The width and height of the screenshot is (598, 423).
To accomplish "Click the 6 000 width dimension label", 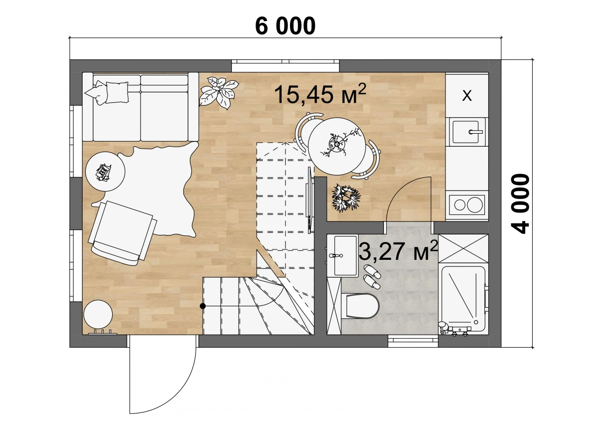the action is pyautogui.click(x=285, y=26).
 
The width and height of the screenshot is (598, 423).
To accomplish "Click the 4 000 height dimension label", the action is pyautogui.click(x=520, y=204).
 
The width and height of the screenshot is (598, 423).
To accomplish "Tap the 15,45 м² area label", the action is pyautogui.click(x=320, y=94).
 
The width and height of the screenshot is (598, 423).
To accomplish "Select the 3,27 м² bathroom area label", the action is pyautogui.click(x=398, y=250).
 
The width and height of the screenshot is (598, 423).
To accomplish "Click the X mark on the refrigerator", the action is pyautogui.click(x=467, y=95).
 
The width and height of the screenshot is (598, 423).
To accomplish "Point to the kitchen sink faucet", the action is pyautogui.click(x=475, y=132).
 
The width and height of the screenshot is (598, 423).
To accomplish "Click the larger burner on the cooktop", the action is pyautogui.click(x=474, y=205).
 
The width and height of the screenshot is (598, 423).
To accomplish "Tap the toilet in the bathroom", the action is pyautogui.click(x=360, y=306).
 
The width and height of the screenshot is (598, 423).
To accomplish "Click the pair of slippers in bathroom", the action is pyautogui.click(x=372, y=276).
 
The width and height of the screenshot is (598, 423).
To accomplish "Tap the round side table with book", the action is pyautogui.click(x=105, y=172).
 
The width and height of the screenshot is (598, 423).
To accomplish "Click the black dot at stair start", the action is pyautogui.click(x=203, y=306).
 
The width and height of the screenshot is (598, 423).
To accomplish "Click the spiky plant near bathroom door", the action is pyautogui.click(x=346, y=198).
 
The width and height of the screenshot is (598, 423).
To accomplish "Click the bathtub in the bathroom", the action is pyautogui.click(x=463, y=297).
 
